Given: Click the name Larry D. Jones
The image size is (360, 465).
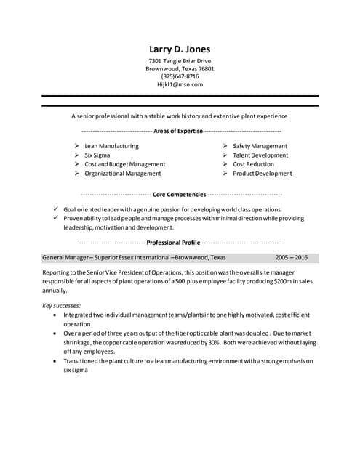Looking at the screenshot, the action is pos(180,49).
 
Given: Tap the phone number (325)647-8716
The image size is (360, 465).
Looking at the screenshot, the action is pos(180,76).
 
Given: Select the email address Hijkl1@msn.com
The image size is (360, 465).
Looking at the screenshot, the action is pos(180,84).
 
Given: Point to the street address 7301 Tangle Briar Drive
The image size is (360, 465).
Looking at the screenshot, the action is pos(180,61).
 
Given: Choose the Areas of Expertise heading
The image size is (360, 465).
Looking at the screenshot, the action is pos(180,131).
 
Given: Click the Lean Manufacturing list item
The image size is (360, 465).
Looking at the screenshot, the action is pos(111,146).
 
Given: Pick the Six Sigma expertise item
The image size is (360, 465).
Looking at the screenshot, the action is pos(98,155).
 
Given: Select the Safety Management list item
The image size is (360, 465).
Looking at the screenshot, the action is pos(260,146).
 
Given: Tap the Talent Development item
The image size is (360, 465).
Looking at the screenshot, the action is pos(260,155).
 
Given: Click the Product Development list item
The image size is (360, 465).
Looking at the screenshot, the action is pos(262,174).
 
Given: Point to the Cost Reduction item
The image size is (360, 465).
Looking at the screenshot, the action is pos(253,164).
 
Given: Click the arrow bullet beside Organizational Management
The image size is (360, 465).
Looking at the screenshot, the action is pos(77,174).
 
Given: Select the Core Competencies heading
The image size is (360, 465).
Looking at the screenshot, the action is pos(180,195).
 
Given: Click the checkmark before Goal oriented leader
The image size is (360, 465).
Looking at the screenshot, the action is pos(56,209).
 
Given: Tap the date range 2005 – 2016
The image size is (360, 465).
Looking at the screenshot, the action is pos(291,257).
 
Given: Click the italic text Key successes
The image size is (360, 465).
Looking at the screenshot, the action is pos(62,305).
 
